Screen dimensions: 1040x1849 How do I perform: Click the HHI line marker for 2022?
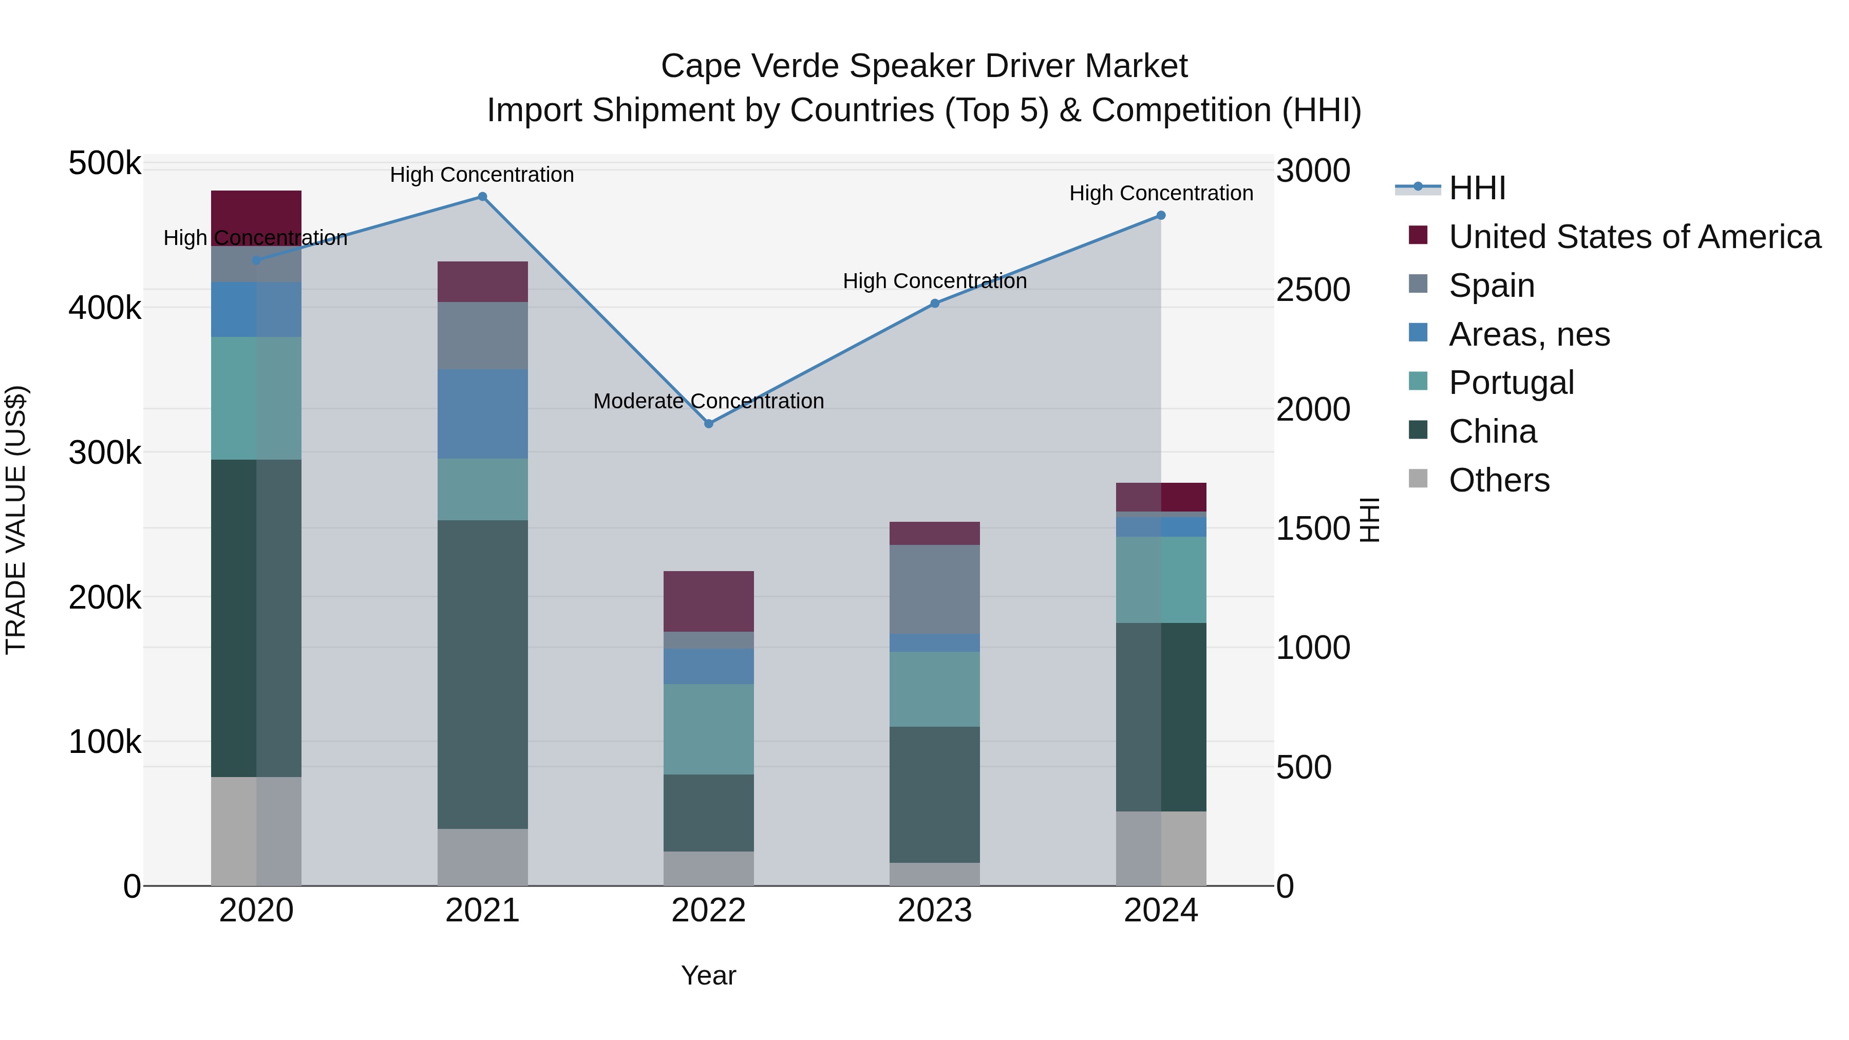pos(708,424)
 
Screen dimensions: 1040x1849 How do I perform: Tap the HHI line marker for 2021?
pos(482,197)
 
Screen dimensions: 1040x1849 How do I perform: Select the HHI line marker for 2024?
pos(1161,215)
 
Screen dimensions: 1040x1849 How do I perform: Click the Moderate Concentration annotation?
pos(708,401)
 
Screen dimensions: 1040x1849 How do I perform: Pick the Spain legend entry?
pos(1492,286)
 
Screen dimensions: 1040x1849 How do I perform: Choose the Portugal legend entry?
pos(1511,383)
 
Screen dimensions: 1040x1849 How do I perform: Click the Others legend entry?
pos(1499,480)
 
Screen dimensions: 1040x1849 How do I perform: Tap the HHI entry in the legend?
pos(1477,188)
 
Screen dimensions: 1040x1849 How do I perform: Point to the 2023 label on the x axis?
pos(935,911)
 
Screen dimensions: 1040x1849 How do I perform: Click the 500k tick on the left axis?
pos(105,164)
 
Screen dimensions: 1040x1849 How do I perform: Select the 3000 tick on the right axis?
pos(1313,171)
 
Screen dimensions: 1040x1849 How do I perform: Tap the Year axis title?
pos(708,975)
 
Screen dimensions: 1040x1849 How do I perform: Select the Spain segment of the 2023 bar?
pos(935,589)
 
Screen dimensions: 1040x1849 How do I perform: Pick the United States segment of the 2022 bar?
pos(708,601)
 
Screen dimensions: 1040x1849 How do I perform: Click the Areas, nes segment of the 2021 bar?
pos(482,414)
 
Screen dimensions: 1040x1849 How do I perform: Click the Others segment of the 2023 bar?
pos(935,874)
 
